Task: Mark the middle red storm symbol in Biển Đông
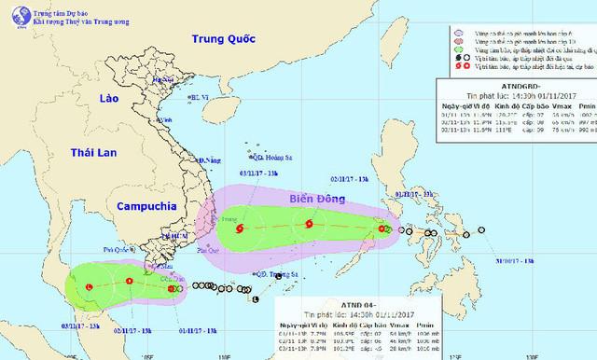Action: coord(309,223)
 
